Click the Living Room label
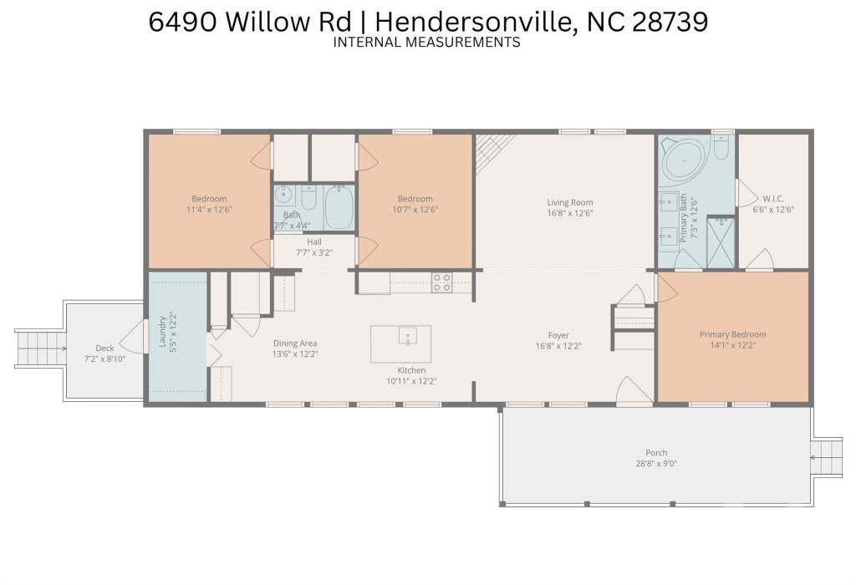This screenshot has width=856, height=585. tap(569, 202)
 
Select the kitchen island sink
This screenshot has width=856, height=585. tap(408, 336)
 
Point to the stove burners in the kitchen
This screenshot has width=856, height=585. tap(441, 282)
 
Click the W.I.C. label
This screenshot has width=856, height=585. tap(773, 199)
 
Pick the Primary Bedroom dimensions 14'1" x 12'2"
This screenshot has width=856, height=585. tap(732, 345)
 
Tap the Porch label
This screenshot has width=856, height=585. tap(656, 452)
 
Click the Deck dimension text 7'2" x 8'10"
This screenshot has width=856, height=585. tap(104, 359)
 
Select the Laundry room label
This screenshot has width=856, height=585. tap(162, 331)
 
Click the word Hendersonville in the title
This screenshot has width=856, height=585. tap(472, 22)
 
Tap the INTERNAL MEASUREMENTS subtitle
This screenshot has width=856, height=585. tap(426, 42)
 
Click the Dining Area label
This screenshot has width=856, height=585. tap(295, 343)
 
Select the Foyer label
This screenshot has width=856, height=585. tap(558, 335)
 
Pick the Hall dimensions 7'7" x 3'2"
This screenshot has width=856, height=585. tap(314, 252)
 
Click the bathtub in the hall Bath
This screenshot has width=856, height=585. tap(339, 208)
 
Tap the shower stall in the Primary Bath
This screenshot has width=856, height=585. tap(721, 242)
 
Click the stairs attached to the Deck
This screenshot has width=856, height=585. tap(40, 348)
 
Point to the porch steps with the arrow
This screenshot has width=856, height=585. tap(827, 457)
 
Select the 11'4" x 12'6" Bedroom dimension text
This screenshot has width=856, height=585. tap(209, 209)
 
